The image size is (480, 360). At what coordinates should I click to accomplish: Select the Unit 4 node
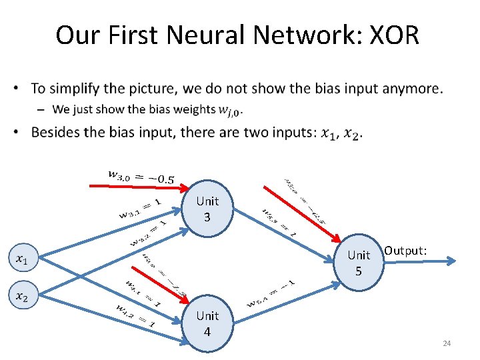coord(207,323)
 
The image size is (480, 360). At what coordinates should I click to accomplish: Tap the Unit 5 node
coord(359,263)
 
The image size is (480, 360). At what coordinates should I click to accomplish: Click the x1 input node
coord(21,258)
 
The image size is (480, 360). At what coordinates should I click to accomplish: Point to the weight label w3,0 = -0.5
coord(141,176)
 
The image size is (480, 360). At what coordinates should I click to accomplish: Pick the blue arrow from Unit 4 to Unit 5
coord(287,300)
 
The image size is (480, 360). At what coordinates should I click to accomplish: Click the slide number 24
coord(447,343)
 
